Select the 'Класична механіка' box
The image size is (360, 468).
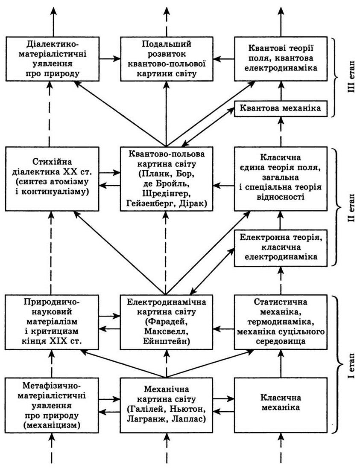coord(281,405)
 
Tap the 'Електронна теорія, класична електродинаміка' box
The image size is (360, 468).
coord(281,248)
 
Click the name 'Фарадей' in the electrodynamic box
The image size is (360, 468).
coord(167,322)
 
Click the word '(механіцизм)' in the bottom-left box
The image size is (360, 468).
coord(52,425)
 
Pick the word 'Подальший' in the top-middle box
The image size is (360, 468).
coord(167,44)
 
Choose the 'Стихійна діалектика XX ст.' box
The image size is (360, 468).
coord(52,179)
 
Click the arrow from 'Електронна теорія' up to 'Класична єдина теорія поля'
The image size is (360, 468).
coord(281,220)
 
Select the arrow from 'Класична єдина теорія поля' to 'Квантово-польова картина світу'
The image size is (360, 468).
coord(224,186)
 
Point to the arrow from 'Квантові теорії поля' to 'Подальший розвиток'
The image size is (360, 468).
coord(224,59)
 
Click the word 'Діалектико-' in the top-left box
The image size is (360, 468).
coord(52,45)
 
